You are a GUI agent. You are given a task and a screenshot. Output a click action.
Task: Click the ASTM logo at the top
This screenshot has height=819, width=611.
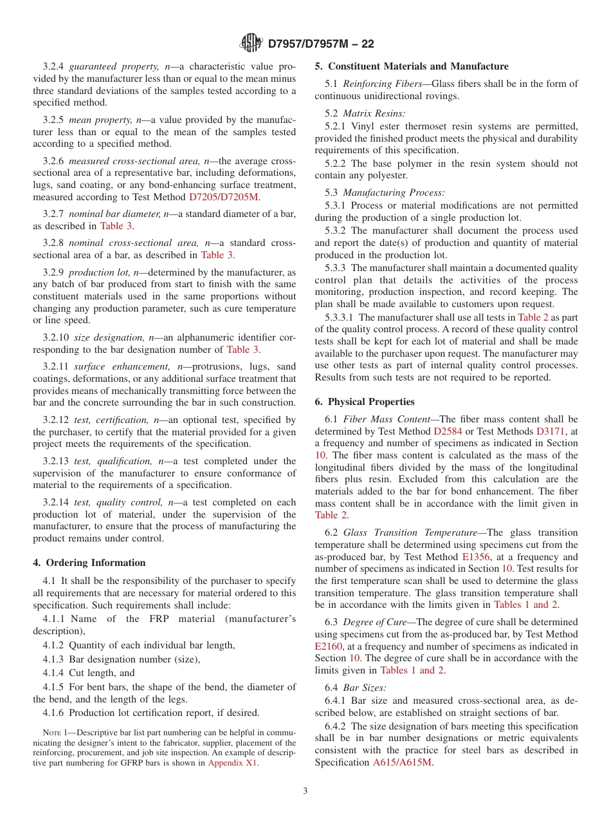point(251,43)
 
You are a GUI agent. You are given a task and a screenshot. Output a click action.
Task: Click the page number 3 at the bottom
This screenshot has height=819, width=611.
point(305,791)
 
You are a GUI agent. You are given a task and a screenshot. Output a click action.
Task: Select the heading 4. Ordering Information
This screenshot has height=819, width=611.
point(89,563)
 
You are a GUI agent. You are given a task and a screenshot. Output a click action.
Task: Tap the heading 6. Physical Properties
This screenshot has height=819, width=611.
point(365,402)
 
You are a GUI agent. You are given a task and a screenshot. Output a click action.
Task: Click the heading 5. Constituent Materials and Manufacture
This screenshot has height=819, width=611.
point(412,66)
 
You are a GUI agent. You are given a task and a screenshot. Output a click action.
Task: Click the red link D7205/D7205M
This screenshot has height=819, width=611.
point(225,198)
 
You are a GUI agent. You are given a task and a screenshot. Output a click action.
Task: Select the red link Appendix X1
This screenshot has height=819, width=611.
point(233,763)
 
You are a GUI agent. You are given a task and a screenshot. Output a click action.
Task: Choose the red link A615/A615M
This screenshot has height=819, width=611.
point(403,762)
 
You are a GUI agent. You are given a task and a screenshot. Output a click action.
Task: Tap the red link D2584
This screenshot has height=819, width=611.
point(448,431)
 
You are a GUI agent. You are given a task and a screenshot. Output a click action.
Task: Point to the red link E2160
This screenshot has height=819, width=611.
point(329,646)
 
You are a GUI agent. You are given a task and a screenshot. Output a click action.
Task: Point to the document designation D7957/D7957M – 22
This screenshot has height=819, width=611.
point(320,44)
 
